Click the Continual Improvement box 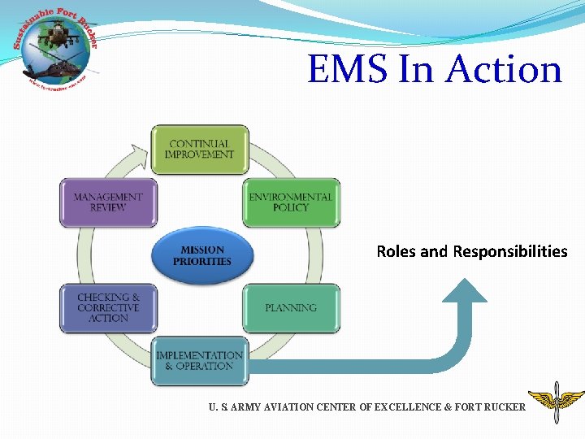coord(199,150)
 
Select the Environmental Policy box coord(291,202)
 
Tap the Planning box coord(291,308)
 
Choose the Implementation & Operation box coord(199,361)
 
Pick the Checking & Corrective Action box coord(108,308)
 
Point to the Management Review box coord(108,202)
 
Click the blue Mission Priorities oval coord(202,256)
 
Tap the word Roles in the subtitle coord(396,251)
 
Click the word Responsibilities coord(510,251)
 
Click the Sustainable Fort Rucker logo coord(55,47)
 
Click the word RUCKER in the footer coord(505,406)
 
